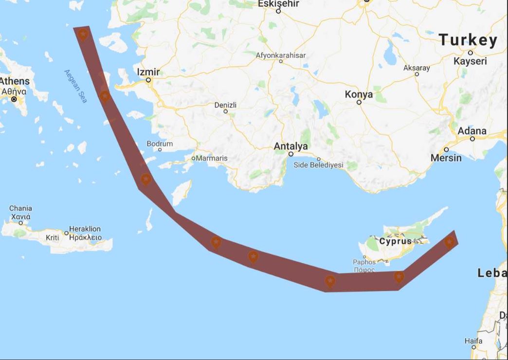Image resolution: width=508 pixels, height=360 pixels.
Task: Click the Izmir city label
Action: (148, 72)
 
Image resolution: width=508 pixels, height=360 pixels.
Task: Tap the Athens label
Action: (15, 81)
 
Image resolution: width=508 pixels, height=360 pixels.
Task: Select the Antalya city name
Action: (290, 146)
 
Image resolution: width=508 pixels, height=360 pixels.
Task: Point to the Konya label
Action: (359, 94)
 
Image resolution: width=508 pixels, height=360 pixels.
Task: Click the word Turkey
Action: (468, 40)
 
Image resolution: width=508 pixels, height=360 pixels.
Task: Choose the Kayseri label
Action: (470, 61)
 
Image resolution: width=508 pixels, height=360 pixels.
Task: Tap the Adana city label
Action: (472, 131)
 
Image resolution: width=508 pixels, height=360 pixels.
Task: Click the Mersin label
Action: (446, 158)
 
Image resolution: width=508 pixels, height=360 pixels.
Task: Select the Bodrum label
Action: (160, 144)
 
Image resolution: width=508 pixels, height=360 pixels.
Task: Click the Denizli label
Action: (225, 105)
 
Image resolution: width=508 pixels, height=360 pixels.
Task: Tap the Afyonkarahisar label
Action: (281, 55)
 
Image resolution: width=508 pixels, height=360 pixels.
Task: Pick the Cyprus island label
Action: (395, 241)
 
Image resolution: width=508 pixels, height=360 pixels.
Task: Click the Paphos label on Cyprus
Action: (364, 262)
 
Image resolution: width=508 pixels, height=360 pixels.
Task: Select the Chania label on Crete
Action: (20, 208)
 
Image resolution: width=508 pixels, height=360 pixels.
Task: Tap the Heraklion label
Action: (85, 229)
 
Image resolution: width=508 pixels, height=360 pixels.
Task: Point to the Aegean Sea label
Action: (76, 86)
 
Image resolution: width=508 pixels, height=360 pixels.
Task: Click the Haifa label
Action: (473, 341)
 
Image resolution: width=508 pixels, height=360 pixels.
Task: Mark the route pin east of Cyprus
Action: (449, 242)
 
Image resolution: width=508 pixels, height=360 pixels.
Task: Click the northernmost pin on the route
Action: (83, 35)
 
